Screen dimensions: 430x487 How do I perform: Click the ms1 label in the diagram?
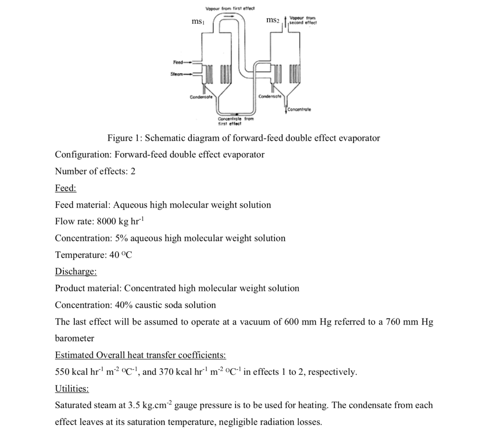[x=197, y=22]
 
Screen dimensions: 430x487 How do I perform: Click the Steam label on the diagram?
[x=177, y=74]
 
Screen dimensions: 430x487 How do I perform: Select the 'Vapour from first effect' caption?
[x=230, y=9]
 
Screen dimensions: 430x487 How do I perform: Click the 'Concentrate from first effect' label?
[x=229, y=121]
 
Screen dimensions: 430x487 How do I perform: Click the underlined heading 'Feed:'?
[x=66, y=188]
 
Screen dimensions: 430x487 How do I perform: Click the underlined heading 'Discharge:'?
[x=76, y=271]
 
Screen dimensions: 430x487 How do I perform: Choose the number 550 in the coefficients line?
[x=62, y=372]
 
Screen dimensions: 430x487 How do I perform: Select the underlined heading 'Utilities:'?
[x=72, y=389]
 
